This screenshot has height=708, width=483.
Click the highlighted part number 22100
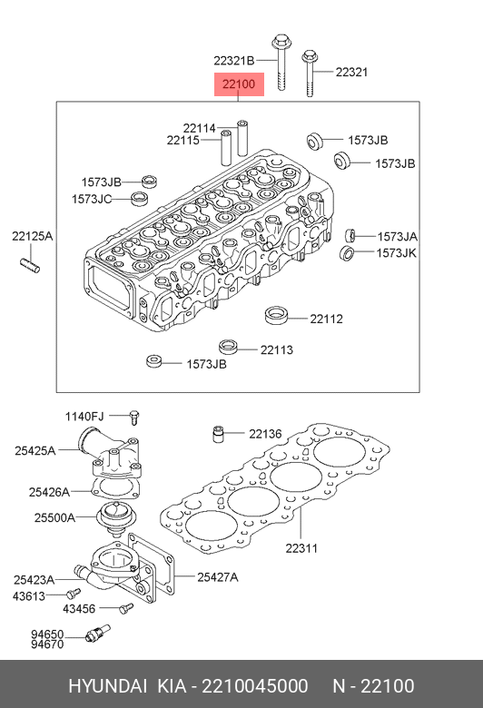pos(239,84)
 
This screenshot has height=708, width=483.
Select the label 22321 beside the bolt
pos(351,72)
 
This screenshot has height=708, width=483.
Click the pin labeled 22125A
pos(30,265)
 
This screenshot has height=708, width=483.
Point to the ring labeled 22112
pos(276,315)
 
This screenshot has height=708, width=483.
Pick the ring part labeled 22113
pos(231,347)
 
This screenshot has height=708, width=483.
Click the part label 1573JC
pos(92,199)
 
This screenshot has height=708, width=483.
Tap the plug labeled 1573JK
pos(347,253)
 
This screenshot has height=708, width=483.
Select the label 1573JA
pos(397,237)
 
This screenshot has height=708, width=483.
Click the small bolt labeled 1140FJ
pos(134,417)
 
